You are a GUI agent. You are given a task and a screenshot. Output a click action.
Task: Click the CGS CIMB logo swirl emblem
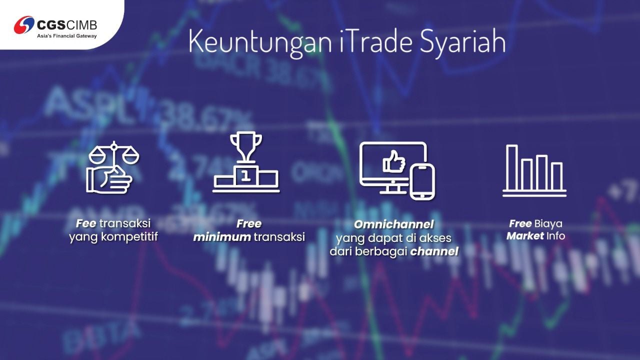pyautogui.click(x=24, y=24)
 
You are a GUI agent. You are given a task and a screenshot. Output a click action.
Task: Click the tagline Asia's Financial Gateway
pyautogui.click(x=67, y=36)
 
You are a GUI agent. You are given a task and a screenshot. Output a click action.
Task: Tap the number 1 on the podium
pyautogui.click(x=245, y=175)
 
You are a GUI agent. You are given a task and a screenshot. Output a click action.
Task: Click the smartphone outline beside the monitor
pyautogui.click(x=422, y=181)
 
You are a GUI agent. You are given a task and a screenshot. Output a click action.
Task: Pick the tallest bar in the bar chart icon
pyautogui.click(x=511, y=167)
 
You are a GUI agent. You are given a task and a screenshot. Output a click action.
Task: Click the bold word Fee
pyautogui.click(x=86, y=223)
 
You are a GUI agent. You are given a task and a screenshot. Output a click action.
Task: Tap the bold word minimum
pyautogui.click(x=222, y=236)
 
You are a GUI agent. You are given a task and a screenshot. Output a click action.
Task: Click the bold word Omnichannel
pyautogui.click(x=393, y=224)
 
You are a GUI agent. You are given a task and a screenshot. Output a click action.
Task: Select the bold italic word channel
pyautogui.click(x=434, y=251)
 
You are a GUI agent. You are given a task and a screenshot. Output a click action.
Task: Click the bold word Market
pyautogui.click(x=524, y=235)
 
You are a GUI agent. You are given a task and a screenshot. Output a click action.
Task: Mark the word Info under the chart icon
pyautogui.click(x=555, y=235)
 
